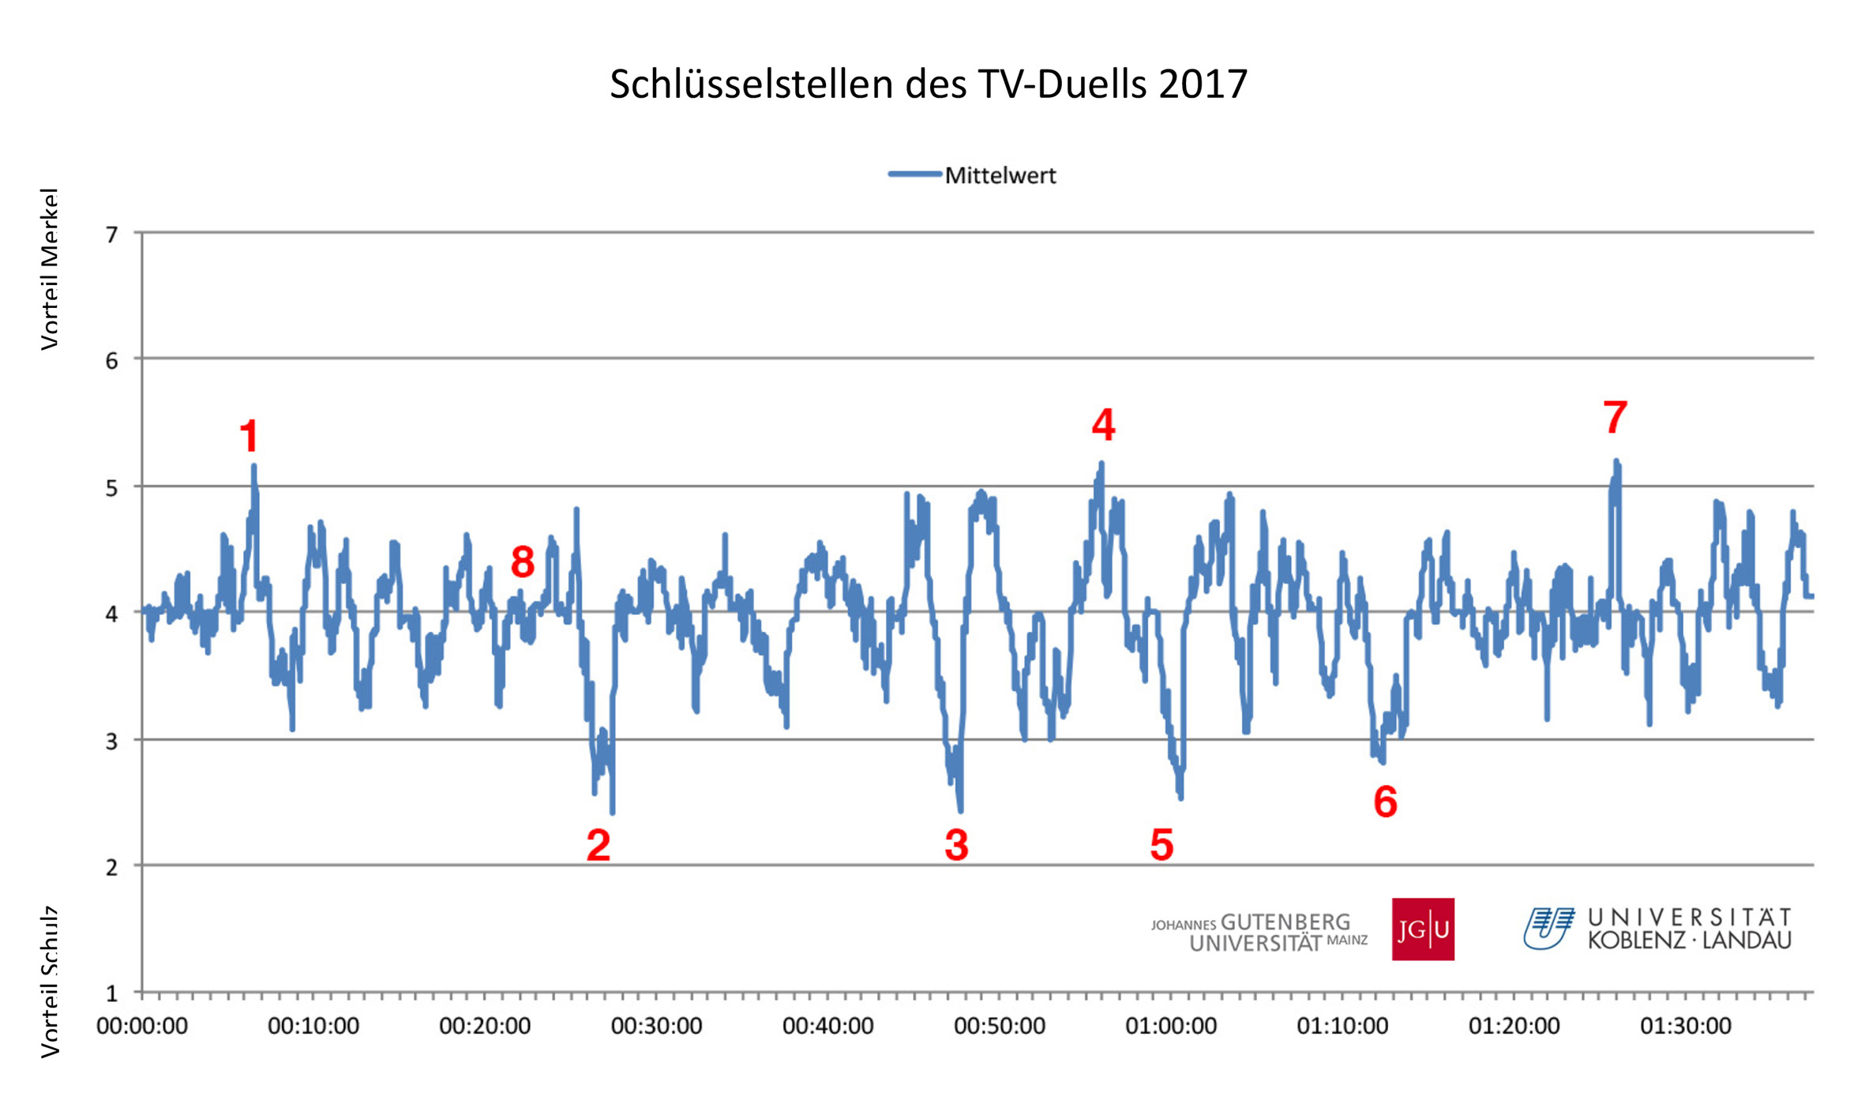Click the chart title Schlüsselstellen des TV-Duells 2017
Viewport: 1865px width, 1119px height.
(928, 84)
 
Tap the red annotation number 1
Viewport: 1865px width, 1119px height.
(250, 436)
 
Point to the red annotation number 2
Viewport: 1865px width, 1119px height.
(599, 845)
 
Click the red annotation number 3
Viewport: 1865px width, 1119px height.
(956, 845)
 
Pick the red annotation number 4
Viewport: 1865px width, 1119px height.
(1103, 425)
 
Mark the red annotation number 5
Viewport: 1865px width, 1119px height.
(1161, 845)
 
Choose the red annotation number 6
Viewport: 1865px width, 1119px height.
(1385, 802)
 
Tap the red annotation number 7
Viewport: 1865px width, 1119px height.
(1615, 417)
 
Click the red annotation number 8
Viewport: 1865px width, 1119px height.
(523, 562)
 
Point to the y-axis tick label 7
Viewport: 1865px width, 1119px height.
(112, 235)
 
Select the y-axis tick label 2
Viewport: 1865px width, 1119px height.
(112, 867)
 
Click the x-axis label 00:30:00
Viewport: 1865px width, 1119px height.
(656, 1026)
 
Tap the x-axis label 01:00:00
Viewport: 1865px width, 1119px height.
(1171, 1026)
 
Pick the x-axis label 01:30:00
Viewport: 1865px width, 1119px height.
(1686, 1026)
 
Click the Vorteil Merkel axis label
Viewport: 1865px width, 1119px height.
(50, 268)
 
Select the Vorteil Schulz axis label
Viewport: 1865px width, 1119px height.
(50, 982)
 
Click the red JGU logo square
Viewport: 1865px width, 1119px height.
(1423, 929)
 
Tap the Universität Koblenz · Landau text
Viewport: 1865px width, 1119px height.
(1689, 929)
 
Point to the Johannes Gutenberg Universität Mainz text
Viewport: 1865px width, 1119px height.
(1259, 933)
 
